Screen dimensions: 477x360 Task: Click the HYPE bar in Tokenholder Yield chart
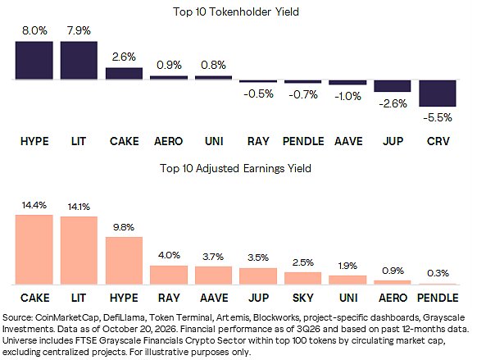tap(34, 60)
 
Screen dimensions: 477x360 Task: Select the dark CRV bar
tap(438, 93)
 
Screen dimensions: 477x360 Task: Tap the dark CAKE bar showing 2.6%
tap(124, 73)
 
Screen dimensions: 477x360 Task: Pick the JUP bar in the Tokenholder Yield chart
tap(393, 86)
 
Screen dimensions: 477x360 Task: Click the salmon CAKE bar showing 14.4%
tap(34, 250)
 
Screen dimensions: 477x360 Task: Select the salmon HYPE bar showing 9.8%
tap(124, 261)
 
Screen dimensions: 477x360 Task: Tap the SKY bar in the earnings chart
tap(302, 279)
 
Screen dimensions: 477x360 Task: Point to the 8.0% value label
tap(34, 30)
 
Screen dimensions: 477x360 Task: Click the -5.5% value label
tap(438, 117)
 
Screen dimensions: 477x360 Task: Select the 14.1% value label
tap(79, 207)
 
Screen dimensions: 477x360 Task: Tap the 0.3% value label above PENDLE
tap(438, 273)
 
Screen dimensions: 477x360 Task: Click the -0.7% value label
tap(303, 94)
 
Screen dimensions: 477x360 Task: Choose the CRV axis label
tap(438, 141)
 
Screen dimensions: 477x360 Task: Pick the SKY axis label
tap(302, 298)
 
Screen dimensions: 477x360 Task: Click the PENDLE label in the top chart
tap(303, 141)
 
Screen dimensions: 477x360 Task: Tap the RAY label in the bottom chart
tap(169, 298)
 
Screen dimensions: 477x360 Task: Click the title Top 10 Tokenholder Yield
tap(236, 11)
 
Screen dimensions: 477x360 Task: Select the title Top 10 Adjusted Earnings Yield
tap(235, 168)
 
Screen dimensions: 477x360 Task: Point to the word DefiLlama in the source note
tap(124, 317)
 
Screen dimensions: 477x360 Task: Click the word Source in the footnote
tap(17, 317)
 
